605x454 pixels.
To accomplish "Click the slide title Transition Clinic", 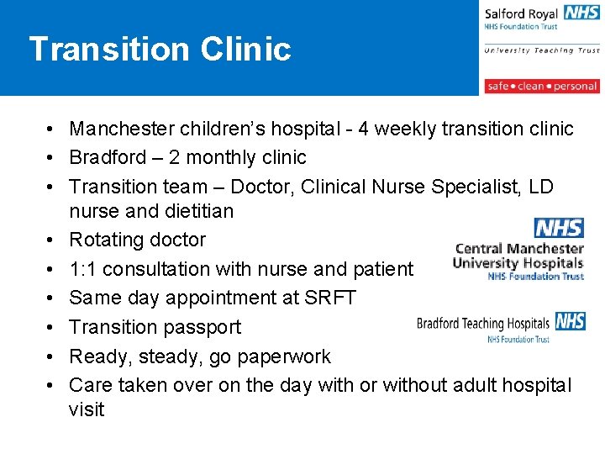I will (x=160, y=49).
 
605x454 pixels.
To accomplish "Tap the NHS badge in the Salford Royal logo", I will (x=581, y=13).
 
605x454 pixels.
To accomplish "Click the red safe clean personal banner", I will (x=541, y=86).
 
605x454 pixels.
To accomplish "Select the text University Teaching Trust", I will (x=541, y=50).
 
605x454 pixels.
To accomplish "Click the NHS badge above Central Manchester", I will (x=559, y=228).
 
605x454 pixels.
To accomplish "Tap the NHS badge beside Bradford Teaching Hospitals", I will (x=571, y=321).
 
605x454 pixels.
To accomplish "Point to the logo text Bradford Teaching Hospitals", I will (x=483, y=324).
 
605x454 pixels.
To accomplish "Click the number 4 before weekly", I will (x=363, y=129).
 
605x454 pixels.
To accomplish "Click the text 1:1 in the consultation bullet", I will (x=82, y=269).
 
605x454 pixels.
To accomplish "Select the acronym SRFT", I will (x=332, y=298).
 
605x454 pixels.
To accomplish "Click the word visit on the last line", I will (x=87, y=409).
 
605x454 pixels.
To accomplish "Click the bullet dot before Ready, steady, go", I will (x=51, y=356).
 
